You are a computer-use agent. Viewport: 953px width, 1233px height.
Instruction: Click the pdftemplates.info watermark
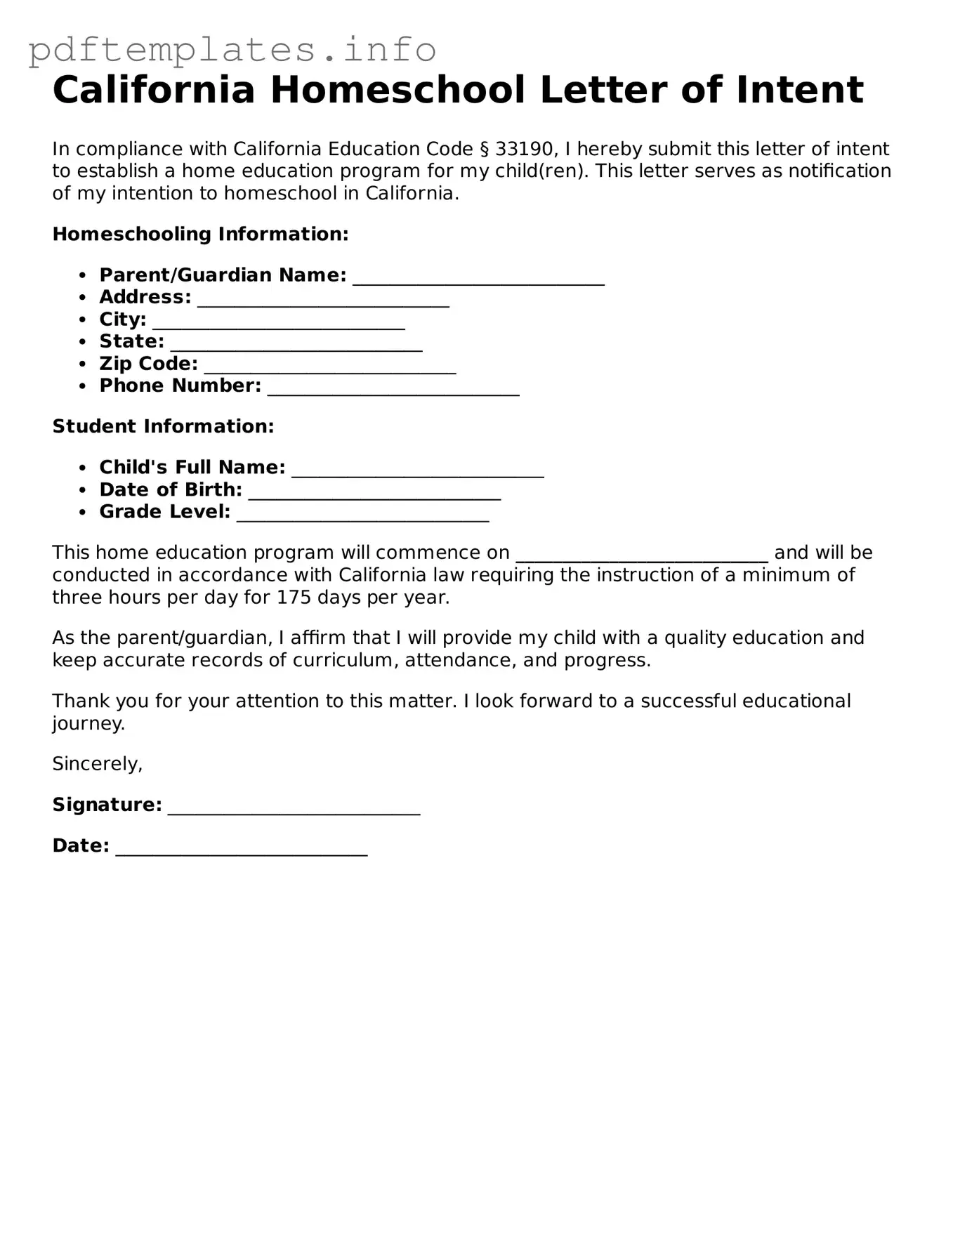tap(232, 49)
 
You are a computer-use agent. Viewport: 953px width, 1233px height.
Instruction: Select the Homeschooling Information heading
tap(200, 234)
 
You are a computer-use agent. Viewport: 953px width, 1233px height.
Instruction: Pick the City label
tap(123, 319)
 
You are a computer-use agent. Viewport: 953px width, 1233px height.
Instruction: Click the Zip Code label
tap(148, 364)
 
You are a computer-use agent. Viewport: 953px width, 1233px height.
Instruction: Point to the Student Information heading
tap(163, 426)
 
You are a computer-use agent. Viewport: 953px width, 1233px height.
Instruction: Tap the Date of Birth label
tap(171, 489)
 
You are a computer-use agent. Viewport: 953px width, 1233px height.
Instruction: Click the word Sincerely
tap(97, 764)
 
